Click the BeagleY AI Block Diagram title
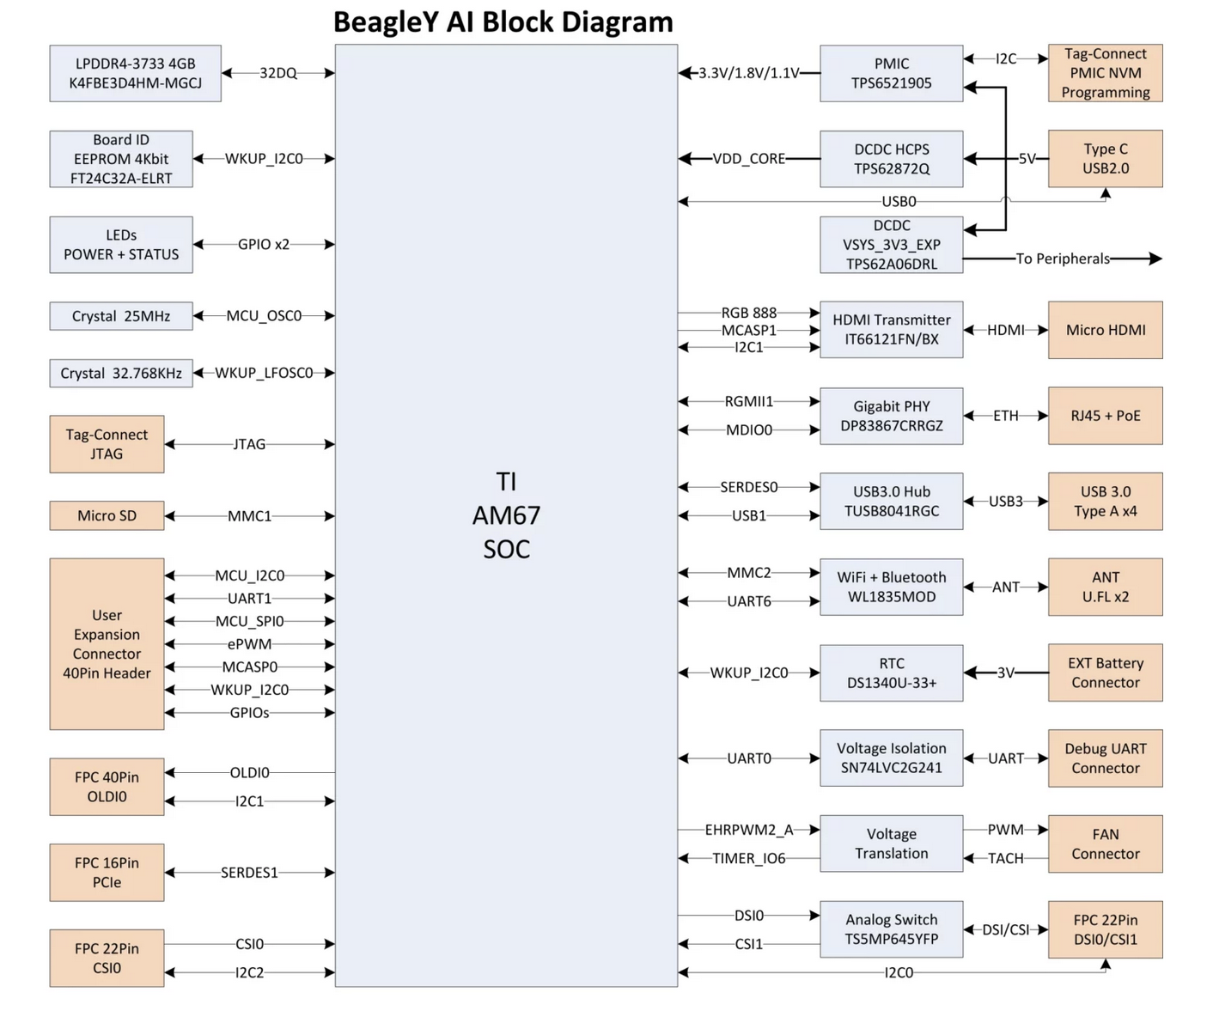(x=503, y=22)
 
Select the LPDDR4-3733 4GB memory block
(x=135, y=73)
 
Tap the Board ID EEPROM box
(x=121, y=159)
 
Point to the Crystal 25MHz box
(x=121, y=316)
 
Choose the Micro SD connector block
(x=107, y=515)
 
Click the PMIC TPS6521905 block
(x=892, y=73)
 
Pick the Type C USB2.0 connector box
(x=1106, y=159)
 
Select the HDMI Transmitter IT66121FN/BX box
(x=892, y=330)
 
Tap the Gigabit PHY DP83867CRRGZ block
(x=892, y=416)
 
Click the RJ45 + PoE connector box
(x=1106, y=416)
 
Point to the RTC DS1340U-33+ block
(x=892, y=673)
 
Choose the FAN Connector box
(x=1106, y=844)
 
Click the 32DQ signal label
(x=278, y=73)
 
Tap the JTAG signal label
(x=249, y=444)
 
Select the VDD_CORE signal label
(x=749, y=159)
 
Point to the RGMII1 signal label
(x=749, y=402)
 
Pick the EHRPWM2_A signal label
(x=749, y=830)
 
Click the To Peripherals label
(x=1063, y=259)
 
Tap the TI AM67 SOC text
(x=507, y=515)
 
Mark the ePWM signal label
(x=249, y=644)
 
